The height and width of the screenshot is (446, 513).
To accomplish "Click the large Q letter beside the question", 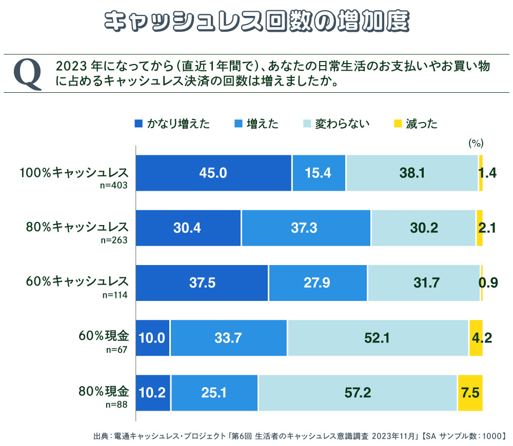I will point(27,74).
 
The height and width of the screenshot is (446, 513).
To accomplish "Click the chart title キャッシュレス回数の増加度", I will point(256,22).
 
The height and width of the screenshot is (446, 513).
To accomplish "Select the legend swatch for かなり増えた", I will point(138,124).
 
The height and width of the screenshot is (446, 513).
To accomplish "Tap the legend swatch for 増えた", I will point(238,124).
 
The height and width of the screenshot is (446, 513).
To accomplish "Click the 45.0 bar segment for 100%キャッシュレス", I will point(213,173).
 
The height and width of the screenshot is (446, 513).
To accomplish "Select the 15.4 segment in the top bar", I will point(319,173).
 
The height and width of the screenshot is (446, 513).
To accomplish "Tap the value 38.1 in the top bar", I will point(412,173).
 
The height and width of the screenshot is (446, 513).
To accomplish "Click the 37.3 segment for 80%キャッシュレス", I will point(306,228).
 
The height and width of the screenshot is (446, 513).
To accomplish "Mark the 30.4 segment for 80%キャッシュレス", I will point(188,228).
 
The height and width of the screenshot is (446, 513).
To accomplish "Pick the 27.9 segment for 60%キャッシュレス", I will point(318,283).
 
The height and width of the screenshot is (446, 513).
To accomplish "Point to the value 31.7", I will point(424,283).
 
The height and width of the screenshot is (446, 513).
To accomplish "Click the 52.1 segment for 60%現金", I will point(378,338).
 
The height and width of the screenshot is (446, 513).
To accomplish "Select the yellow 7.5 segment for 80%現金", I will point(470,393).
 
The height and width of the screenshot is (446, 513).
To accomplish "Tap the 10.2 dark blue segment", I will point(153,393).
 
